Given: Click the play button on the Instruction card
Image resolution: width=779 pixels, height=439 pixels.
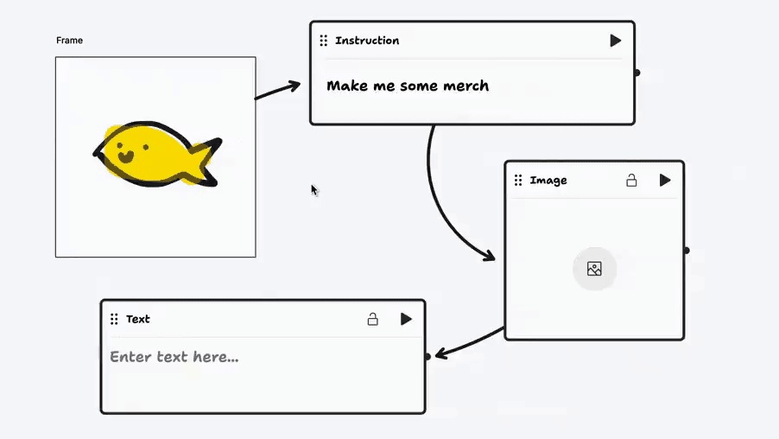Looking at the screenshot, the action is (616, 41).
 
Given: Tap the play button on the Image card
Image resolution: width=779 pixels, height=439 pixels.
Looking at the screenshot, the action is (665, 180).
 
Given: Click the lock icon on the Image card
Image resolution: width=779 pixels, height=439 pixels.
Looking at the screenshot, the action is (631, 180).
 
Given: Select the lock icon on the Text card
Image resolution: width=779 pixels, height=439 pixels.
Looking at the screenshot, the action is (372, 319).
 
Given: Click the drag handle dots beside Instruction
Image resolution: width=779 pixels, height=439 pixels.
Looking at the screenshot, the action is (323, 41).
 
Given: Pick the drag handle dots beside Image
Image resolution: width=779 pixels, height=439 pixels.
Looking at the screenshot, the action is (518, 180).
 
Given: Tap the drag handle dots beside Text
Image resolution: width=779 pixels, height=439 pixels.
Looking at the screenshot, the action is (114, 319).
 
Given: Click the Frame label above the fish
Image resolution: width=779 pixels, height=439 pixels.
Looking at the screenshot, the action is (70, 41).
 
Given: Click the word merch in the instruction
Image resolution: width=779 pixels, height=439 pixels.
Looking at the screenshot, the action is (466, 86).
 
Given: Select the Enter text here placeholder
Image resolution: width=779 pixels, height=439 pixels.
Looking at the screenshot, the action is (174, 356).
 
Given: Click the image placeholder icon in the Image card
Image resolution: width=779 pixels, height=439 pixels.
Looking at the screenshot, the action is (594, 269).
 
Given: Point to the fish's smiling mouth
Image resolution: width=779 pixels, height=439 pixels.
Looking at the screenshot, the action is (126, 157).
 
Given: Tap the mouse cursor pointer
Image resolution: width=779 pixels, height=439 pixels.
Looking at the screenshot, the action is (314, 190).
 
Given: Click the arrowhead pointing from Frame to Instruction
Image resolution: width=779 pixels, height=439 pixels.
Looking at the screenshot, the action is (294, 86).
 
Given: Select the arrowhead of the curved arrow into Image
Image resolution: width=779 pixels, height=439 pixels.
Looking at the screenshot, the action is (488, 256).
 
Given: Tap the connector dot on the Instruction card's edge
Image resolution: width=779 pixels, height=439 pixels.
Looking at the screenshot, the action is (636, 73).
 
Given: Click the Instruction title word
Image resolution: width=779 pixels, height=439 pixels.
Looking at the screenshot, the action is (367, 41).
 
